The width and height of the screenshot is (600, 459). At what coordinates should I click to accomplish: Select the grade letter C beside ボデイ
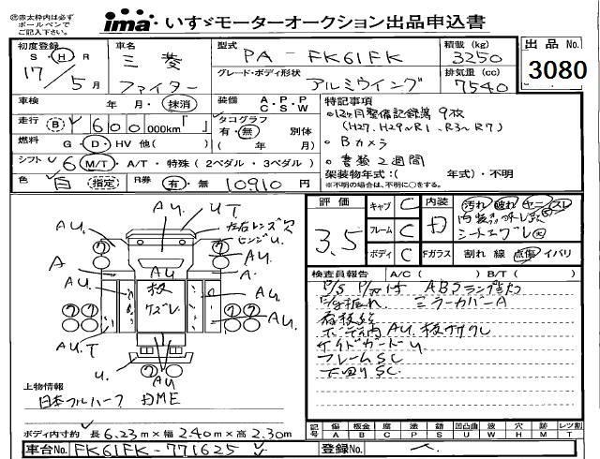point(405,254)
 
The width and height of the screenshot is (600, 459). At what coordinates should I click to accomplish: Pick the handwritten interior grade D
point(435,225)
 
